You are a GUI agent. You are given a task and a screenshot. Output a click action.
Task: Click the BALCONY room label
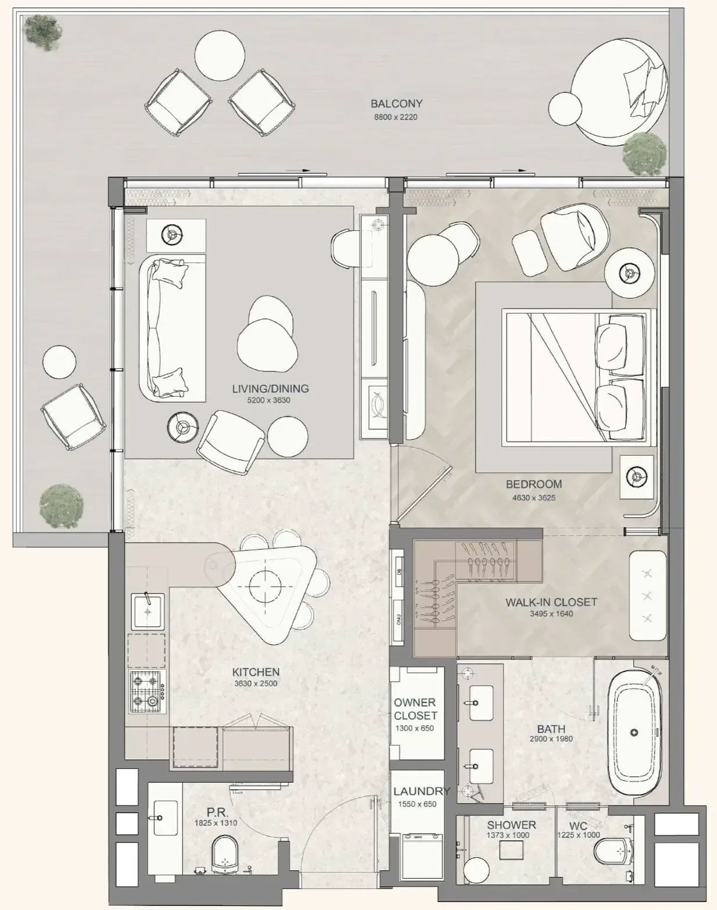coord(396,103)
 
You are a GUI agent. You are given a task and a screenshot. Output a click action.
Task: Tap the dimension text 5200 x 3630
coord(269,400)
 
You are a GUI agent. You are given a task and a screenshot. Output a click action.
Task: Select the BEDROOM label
coord(534,484)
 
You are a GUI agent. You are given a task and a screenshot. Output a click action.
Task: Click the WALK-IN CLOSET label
coord(551,602)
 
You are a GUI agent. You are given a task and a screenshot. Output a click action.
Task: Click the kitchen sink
coord(148,611)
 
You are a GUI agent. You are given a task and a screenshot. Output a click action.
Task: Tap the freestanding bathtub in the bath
coord(633,733)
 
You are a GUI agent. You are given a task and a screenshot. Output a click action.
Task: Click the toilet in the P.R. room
coord(225,852)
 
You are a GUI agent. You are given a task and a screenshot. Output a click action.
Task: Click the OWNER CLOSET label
coord(415,709)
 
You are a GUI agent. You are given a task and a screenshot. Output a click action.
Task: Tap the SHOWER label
coord(511,825)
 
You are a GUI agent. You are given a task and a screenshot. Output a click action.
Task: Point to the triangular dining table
coord(265,587)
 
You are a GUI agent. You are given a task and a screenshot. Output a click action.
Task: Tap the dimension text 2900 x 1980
coord(551,739)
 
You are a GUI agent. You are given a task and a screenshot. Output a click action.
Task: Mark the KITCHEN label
coord(256,672)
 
